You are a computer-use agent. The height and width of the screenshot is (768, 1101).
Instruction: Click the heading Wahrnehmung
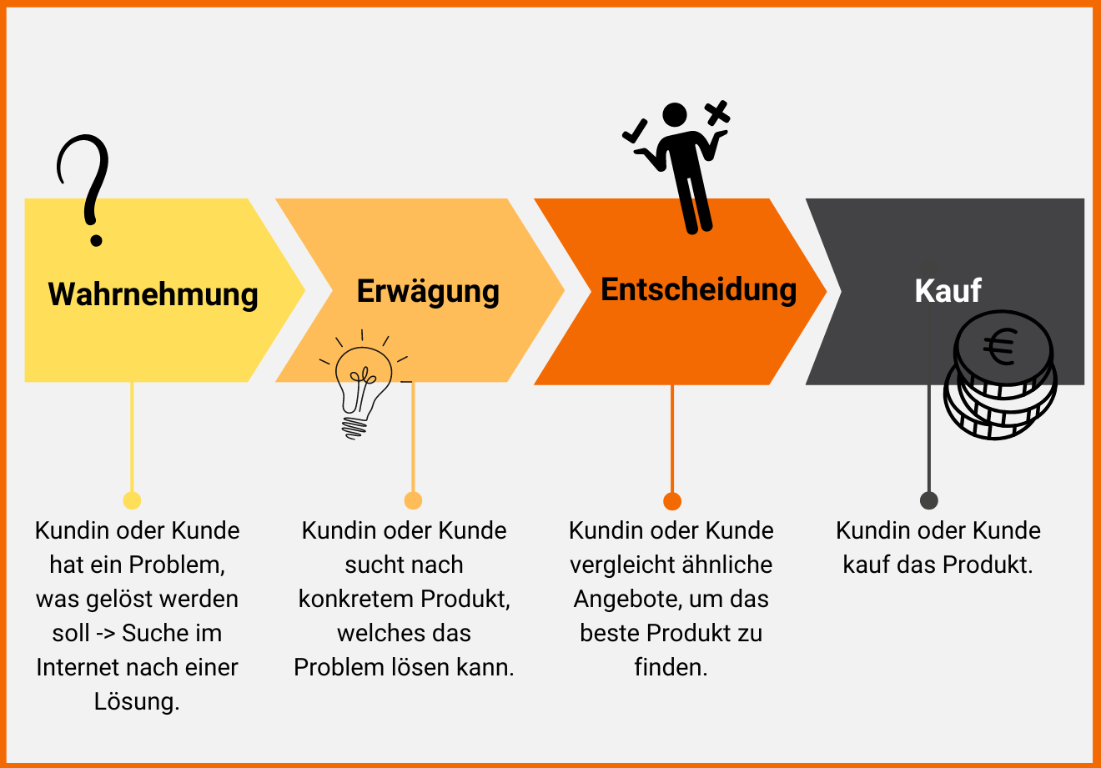pos(153,294)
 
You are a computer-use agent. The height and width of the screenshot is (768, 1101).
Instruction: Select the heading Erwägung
pos(428,292)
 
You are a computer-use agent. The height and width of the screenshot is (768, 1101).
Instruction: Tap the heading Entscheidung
pos(698,289)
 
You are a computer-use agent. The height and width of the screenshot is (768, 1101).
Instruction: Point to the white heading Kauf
pos(948,291)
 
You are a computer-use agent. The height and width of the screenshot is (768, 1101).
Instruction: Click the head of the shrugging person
pos(674,115)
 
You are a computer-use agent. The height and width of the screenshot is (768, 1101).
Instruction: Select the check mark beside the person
pos(635,131)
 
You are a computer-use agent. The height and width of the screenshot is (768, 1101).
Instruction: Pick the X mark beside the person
pos(717,113)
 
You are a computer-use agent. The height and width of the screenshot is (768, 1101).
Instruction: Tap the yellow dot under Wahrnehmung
pos(132,500)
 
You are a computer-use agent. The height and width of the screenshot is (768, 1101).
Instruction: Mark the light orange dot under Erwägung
pos(413,500)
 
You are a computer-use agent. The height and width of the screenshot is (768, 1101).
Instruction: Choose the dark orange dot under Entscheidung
pos(672,501)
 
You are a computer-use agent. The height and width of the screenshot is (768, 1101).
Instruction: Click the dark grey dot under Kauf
pos(928,500)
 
